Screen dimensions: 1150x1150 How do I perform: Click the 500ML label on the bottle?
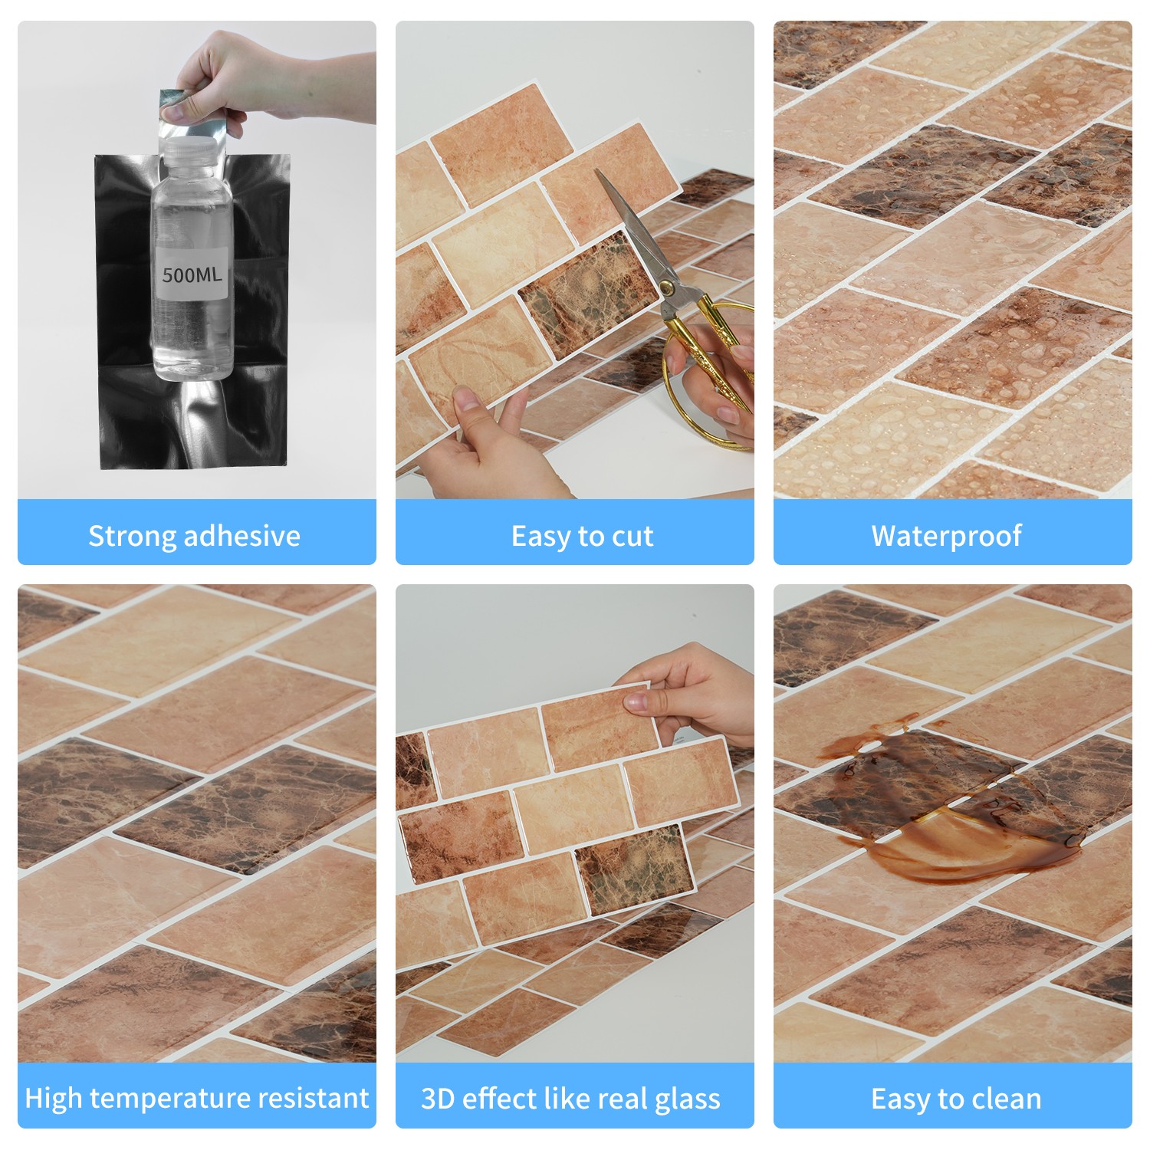(192, 274)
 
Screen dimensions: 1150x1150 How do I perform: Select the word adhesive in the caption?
(245, 535)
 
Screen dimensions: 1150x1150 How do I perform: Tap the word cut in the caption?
(632, 537)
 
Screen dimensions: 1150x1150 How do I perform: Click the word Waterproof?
(947, 536)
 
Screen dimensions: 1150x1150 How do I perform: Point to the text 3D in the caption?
(437, 1099)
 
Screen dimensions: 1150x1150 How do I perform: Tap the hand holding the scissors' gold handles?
(717, 383)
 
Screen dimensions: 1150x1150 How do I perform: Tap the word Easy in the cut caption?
(541, 537)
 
